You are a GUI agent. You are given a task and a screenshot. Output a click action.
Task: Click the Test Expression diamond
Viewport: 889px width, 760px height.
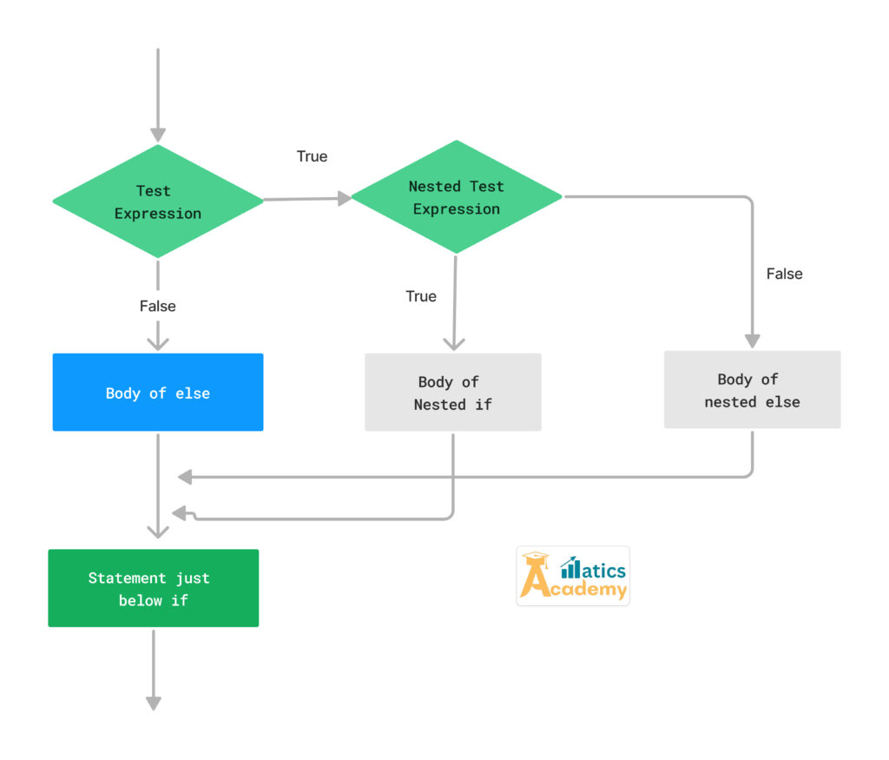tap(157, 202)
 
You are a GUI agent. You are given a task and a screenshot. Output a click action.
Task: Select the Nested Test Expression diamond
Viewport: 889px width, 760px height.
tap(456, 198)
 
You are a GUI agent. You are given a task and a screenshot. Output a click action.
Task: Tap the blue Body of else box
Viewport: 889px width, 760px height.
tap(157, 393)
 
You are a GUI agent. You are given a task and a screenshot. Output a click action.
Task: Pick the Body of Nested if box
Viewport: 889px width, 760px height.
tap(452, 393)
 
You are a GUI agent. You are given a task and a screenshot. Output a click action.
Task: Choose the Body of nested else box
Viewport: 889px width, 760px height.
tap(752, 390)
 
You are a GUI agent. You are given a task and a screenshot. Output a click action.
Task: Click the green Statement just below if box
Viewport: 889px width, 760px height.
tap(153, 588)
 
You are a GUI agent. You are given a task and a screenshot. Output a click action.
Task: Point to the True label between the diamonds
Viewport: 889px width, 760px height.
tap(312, 156)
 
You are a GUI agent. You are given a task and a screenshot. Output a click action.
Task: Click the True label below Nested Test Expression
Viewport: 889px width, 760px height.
tap(421, 296)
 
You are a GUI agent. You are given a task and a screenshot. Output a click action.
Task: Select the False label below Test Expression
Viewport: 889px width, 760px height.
tap(157, 306)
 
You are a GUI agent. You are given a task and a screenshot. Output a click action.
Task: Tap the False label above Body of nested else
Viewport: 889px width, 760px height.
tap(784, 274)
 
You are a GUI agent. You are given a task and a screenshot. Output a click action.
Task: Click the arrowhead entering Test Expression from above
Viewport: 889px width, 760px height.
tap(157, 134)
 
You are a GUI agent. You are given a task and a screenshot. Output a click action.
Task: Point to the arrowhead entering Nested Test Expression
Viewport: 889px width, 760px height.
tap(344, 199)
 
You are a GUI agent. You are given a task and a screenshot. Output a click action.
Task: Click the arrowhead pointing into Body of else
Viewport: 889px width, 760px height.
tap(157, 342)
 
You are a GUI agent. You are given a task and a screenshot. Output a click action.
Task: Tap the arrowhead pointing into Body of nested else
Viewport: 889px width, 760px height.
tap(752, 340)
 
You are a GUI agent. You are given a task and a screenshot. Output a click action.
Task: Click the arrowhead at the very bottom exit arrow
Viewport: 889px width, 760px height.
tap(153, 703)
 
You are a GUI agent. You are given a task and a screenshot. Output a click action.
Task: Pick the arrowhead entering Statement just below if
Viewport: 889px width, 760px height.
tap(157, 532)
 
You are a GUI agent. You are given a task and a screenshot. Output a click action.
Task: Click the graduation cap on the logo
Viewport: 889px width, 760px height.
tap(536, 559)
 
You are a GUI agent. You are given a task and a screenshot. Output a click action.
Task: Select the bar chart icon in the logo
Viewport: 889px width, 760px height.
tap(571, 568)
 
